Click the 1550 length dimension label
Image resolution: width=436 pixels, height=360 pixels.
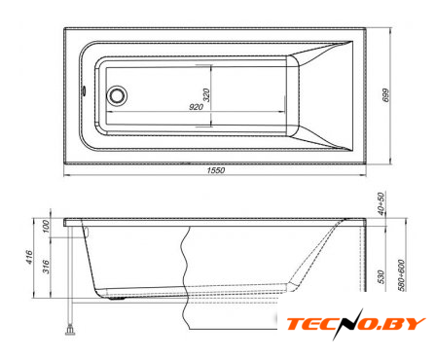[x=216, y=170]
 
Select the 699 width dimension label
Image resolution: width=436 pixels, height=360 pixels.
[x=386, y=95]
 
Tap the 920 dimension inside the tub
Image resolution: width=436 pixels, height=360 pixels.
[x=196, y=107]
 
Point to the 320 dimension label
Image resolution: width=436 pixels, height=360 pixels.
[x=206, y=95]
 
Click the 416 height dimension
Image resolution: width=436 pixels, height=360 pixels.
[x=29, y=257]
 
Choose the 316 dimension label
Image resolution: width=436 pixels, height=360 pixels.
[x=47, y=267]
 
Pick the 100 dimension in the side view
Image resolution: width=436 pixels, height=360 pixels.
[x=46, y=227]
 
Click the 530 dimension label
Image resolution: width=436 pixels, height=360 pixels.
[x=381, y=276]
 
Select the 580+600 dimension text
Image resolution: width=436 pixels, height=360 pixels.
[x=401, y=275]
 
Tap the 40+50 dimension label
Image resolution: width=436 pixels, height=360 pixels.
[x=381, y=203]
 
